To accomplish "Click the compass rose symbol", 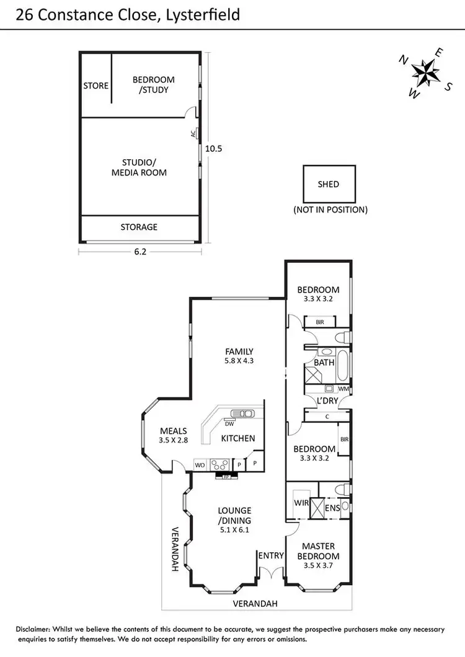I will tap(425, 73).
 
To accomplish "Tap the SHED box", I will tap(329, 184).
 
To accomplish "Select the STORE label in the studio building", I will tap(96, 86).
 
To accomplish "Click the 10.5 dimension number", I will tap(213, 149).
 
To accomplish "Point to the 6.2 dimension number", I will tap(140, 252).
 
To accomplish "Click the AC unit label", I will tap(193, 133).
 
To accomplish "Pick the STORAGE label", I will tap(139, 227).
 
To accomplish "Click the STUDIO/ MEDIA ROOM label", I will tap(139, 168).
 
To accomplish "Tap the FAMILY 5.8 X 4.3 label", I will tap(239, 356).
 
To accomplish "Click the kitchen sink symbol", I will tap(241, 413).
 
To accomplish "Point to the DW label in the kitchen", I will tap(229, 424).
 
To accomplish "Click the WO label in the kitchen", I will tap(200, 464).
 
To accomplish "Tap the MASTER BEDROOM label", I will tap(318, 551).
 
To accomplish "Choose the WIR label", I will tap(301, 503).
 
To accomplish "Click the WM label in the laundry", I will tap(343, 389).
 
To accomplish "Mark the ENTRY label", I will tap(271, 555).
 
